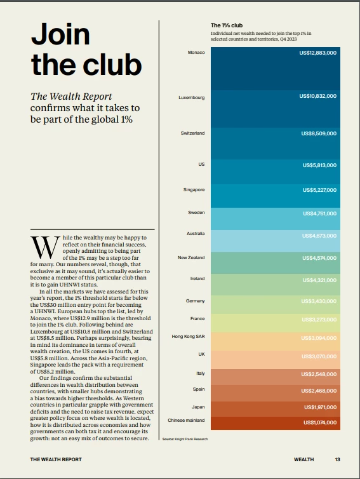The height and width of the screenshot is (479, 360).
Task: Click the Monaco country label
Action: [196, 53]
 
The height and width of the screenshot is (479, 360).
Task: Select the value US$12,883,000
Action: [318, 53]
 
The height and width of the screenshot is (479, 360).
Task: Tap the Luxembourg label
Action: [192, 97]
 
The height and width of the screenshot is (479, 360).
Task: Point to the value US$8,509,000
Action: [319, 133]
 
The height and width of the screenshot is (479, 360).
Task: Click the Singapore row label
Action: [194, 190]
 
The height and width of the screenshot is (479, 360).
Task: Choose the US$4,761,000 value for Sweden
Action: [320, 213]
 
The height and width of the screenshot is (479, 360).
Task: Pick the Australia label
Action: [196, 233]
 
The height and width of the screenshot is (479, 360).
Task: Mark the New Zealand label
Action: [191, 257]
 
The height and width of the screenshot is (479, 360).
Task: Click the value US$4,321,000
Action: [320, 280]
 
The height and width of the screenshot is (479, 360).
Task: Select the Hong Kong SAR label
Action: [188, 336]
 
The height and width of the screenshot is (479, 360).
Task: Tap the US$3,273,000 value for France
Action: [319, 320]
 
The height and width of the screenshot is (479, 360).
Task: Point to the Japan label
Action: [198, 407]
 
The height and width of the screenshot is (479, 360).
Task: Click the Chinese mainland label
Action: [186, 421]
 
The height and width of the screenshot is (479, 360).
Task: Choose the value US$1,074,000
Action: [320, 422]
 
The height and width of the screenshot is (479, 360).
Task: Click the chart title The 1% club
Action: [227, 25]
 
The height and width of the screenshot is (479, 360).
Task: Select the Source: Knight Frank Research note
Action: [185, 439]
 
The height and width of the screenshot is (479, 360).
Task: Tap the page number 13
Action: [337, 459]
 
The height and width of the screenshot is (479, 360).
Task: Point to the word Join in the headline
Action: [61, 34]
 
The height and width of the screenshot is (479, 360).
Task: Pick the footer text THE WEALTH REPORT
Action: [56, 459]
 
